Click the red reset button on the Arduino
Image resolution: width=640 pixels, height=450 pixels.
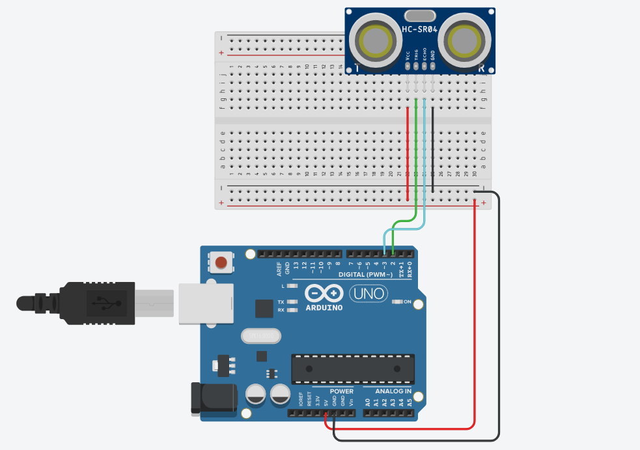point(221,263)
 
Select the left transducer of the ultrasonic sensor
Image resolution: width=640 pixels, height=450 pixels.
point(374,41)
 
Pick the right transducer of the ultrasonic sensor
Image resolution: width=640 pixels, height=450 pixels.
point(464,40)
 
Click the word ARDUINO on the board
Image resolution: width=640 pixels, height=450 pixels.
point(324,307)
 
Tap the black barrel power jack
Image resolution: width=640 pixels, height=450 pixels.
point(212,398)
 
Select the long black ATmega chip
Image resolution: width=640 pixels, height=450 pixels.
point(352,369)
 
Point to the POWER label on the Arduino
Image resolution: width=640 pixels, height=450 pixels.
point(341,391)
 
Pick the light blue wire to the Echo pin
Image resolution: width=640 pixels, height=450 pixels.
point(424,163)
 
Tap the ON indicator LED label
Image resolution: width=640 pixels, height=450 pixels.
point(408,302)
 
